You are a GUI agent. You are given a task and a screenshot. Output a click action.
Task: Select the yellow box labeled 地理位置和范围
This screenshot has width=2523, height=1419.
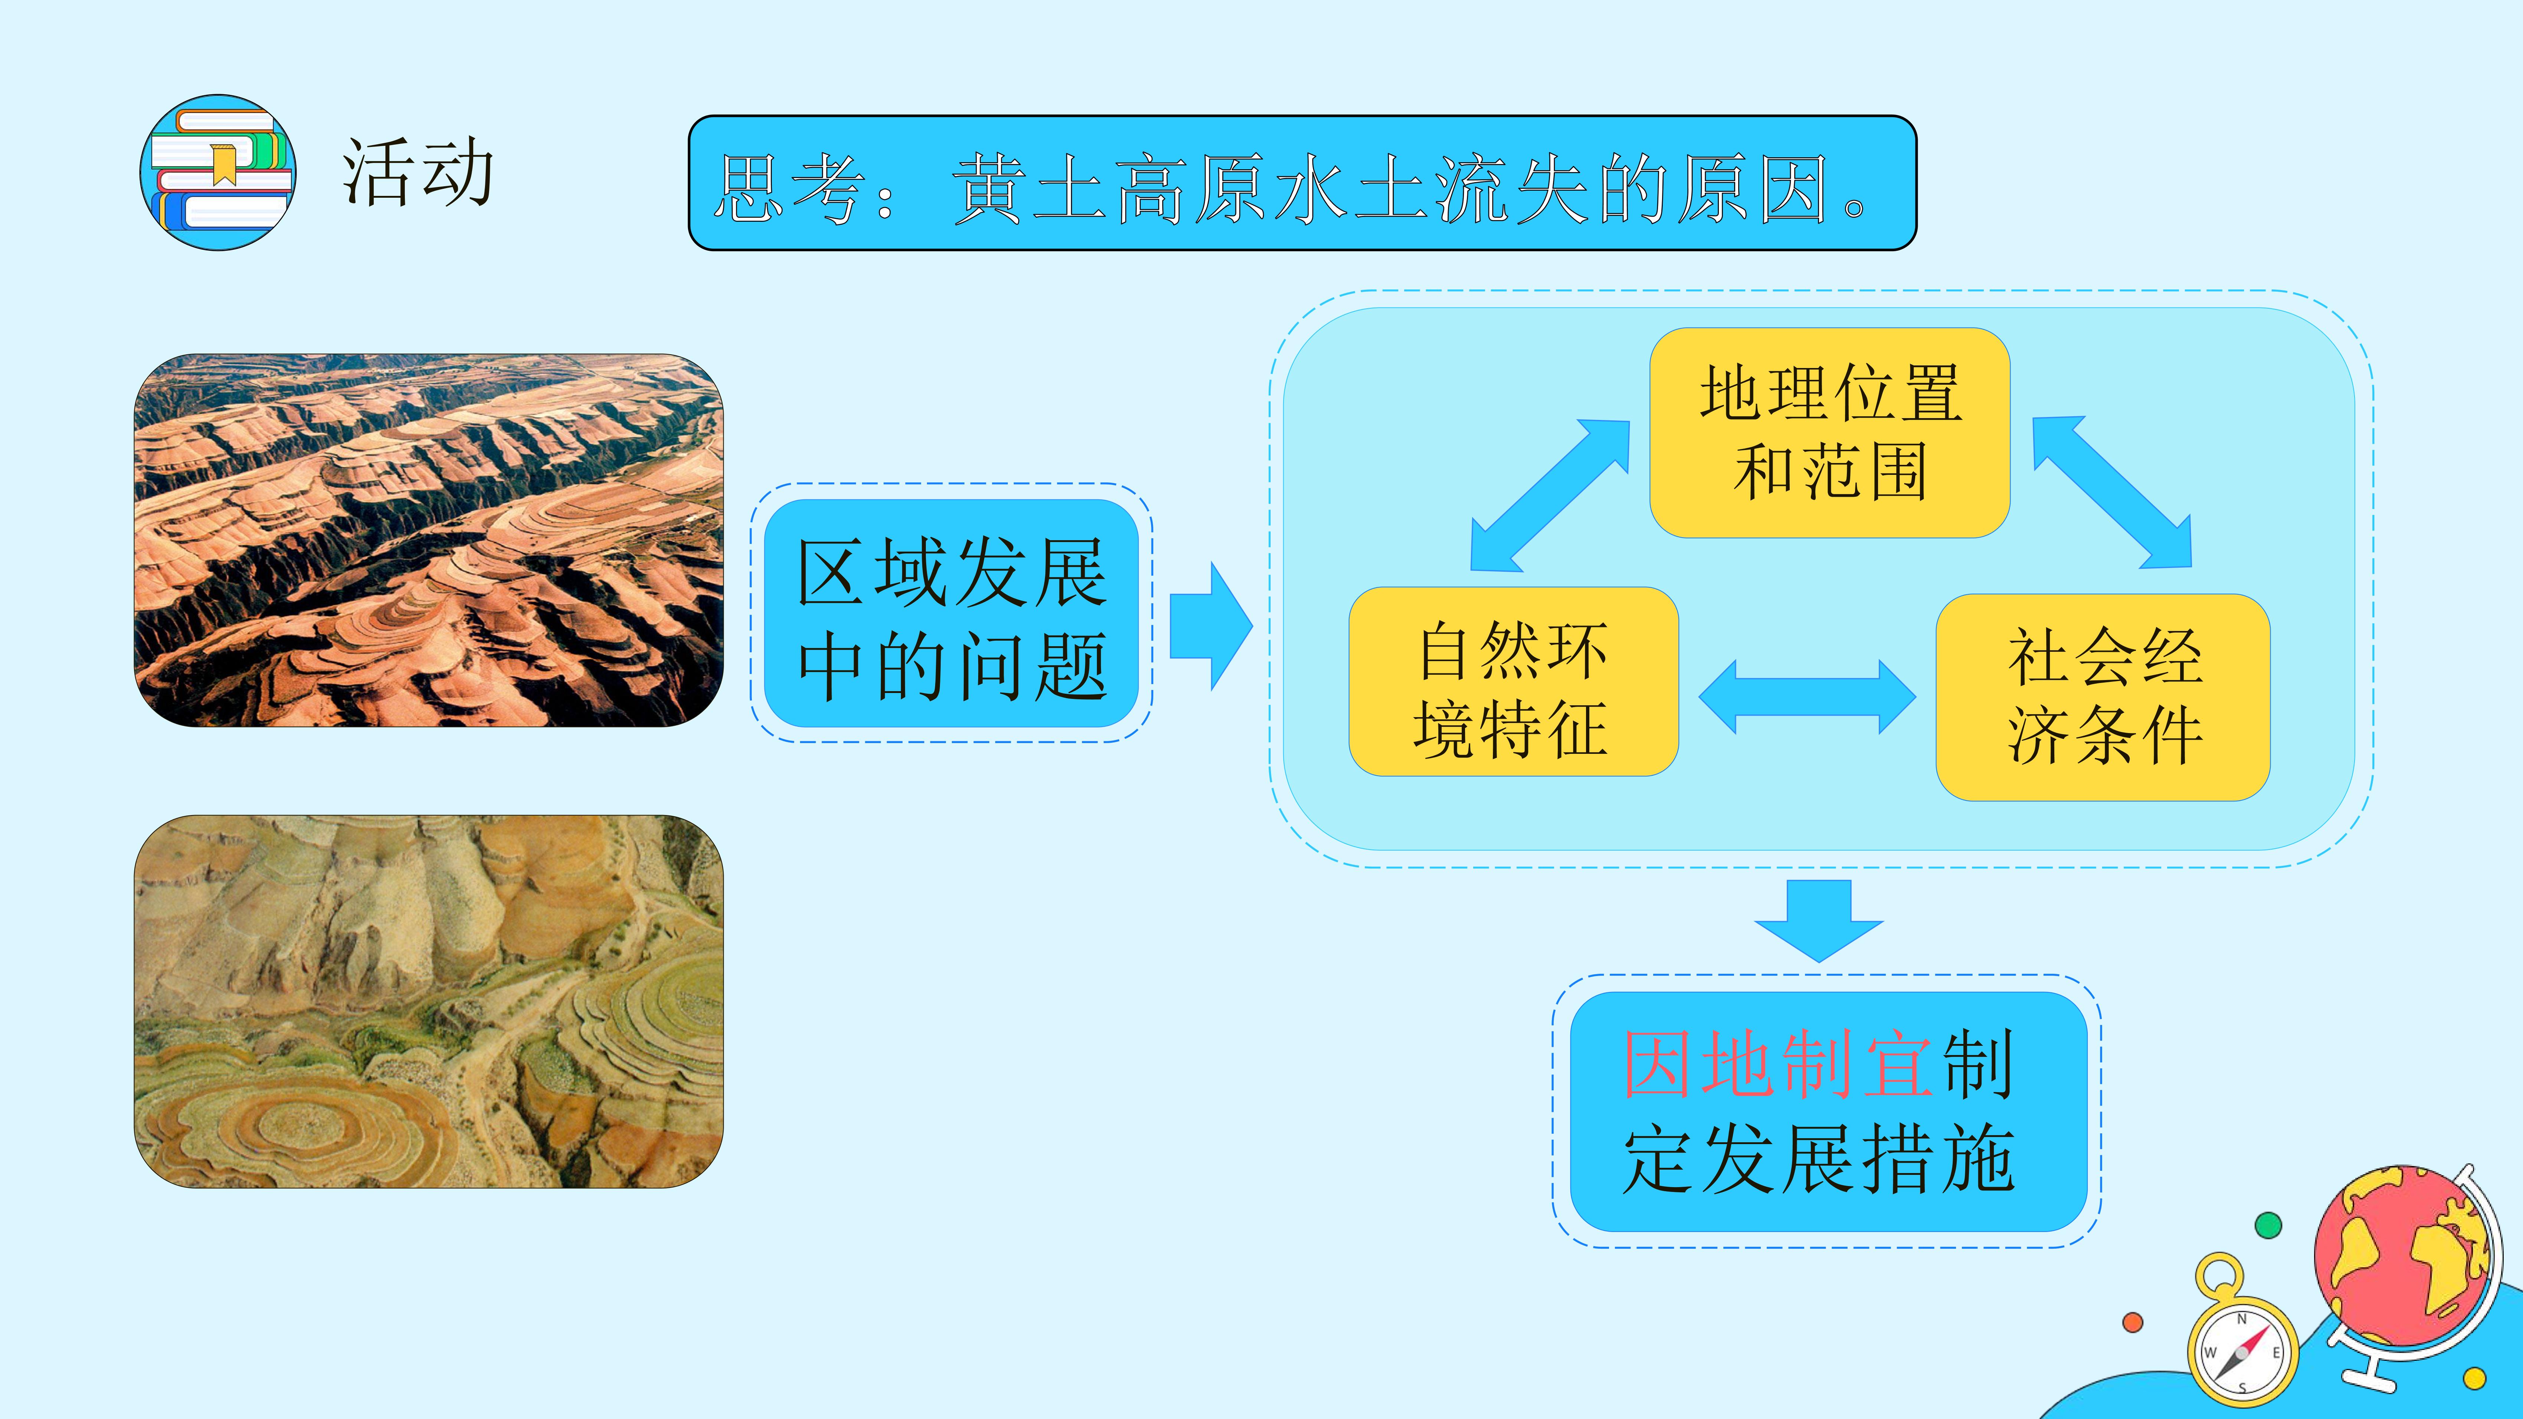[1829, 432]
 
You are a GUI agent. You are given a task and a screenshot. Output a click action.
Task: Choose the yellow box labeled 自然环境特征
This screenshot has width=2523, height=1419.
[1513, 681]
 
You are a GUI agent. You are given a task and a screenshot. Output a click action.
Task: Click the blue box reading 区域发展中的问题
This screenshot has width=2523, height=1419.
[951, 613]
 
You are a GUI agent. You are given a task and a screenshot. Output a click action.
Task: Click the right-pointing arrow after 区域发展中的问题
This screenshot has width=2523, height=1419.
[1210, 626]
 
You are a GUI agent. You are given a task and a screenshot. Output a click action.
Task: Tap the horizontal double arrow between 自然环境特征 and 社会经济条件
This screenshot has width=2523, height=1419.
[1807, 696]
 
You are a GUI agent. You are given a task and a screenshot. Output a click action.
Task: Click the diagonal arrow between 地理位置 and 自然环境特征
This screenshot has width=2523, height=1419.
[1549, 496]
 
